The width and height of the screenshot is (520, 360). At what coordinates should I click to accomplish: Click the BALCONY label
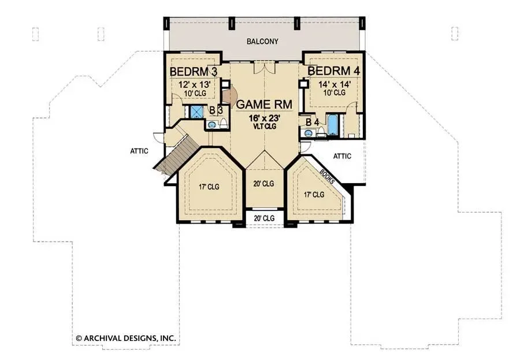(262, 42)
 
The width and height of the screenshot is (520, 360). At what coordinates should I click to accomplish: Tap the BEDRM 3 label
(194, 71)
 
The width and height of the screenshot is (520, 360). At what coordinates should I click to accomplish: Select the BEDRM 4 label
(333, 70)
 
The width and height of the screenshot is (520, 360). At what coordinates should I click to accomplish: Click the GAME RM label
(264, 104)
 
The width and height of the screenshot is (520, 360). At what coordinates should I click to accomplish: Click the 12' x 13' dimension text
(194, 84)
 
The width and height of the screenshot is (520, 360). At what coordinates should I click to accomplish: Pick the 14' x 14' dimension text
(335, 84)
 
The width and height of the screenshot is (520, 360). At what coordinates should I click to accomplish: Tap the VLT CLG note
(265, 126)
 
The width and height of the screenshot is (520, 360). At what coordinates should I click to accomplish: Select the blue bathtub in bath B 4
(332, 124)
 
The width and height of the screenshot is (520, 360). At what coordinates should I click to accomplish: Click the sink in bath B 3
(211, 125)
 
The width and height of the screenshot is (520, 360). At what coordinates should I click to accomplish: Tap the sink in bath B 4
(309, 133)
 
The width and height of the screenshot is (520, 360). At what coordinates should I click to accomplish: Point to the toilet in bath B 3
(224, 124)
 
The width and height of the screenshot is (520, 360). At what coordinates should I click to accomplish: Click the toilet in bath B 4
(321, 133)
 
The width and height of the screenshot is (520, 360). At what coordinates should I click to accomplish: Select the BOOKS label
(327, 176)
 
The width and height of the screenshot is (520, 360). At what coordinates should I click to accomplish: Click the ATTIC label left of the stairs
(139, 151)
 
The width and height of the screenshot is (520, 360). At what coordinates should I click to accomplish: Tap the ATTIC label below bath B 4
(342, 156)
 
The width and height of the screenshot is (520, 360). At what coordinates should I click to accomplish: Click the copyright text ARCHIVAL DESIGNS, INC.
(126, 339)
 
